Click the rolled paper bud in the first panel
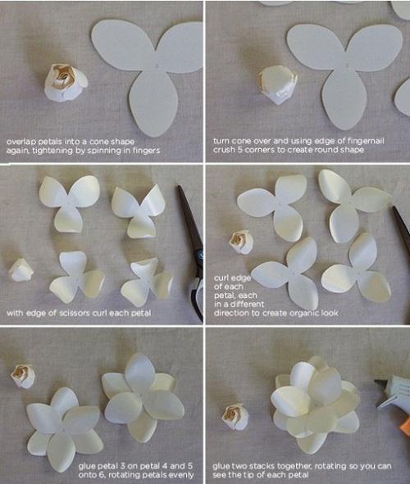point(66,83)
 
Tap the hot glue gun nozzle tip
point(376,382)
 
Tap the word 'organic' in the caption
point(298,313)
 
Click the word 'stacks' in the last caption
point(262,466)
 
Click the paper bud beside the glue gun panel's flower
point(235,417)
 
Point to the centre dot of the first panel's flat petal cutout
point(157,66)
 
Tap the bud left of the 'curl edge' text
point(241,242)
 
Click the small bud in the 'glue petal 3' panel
point(23,376)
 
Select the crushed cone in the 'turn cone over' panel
point(278,85)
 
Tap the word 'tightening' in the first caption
point(49,151)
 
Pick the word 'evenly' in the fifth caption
point(182,475)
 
